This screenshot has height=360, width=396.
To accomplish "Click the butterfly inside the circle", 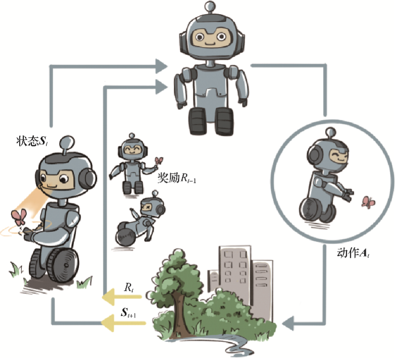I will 368,203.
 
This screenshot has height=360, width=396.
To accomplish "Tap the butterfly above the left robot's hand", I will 20,218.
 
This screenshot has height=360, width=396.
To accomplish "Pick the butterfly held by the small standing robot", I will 159,162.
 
